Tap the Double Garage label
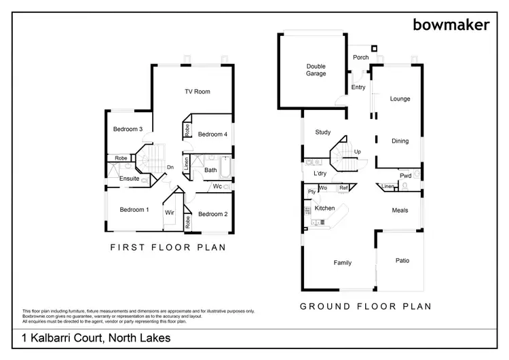[316, 70]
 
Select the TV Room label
[197, 92]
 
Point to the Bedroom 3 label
[127, 129]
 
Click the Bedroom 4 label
[212, 134]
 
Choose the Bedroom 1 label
[134, 209]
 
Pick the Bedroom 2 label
[212, 214]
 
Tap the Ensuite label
[130, 179]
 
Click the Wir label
[170, 213]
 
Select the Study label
[322, 132]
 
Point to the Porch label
[361, 58]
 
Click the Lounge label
[400, 99]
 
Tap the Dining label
[400, 141]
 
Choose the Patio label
[402, 260]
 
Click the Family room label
[341, 262]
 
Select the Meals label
[400, 211]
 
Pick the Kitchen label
[324, 208]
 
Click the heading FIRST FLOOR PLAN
[168, 248]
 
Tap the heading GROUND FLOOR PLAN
[366, 306]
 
